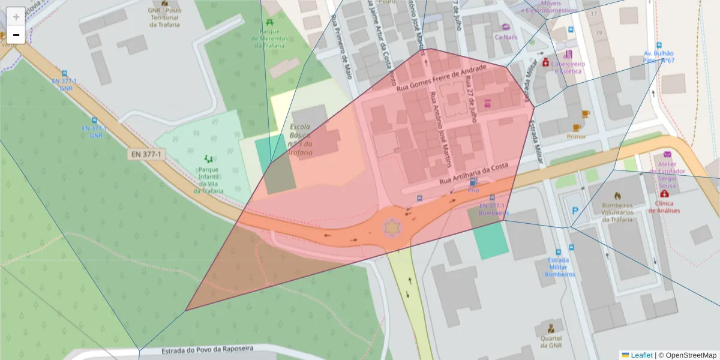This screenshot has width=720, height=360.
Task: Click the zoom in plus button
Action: coord(16,16)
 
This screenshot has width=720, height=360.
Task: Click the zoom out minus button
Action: coord(16,35)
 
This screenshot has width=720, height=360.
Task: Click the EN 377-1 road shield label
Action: coord(146,154)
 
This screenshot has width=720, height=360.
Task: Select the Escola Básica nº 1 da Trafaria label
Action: coord(300,140)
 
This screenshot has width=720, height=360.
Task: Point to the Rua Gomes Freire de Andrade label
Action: coord(440,78)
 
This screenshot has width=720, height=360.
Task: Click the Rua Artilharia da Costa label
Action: coord(474,173)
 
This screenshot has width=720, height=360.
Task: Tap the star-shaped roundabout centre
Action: coord(392,227)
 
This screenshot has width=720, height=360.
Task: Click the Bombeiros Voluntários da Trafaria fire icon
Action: coord(617,196)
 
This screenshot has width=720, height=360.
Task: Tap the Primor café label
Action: coord(576,136)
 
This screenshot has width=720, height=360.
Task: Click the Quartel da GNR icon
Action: coord(550,328)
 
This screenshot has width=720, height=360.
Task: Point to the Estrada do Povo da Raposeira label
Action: coord(208,350)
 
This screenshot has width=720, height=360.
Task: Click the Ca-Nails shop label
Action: coord(505,37)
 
